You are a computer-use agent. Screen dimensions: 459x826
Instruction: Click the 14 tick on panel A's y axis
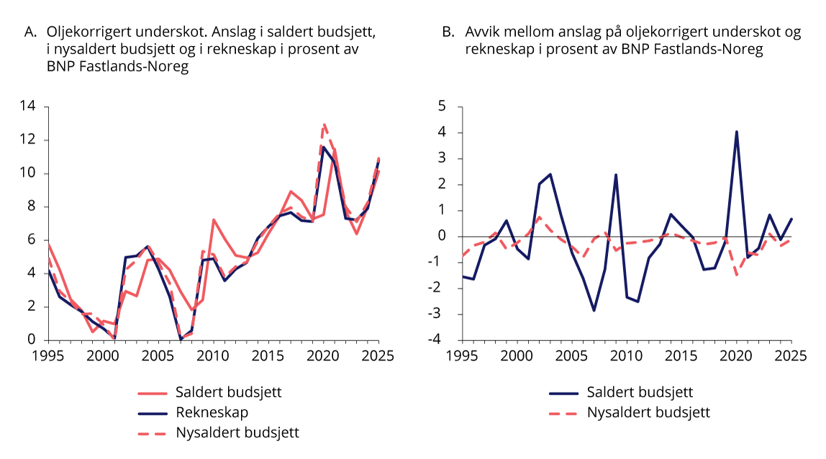tap(31, 107)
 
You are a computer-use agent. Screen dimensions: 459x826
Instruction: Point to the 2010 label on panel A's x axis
tap(212, 355)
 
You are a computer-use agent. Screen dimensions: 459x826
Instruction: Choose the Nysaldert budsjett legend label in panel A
tap(237, 432)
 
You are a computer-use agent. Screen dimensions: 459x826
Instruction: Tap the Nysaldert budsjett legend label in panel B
tap(648, 412)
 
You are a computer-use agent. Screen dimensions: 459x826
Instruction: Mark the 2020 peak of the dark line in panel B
tap(736, 132)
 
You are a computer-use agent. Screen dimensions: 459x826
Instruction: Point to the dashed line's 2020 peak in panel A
tap(324, 124)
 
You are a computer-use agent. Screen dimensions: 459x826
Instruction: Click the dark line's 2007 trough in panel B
tap(594, 310)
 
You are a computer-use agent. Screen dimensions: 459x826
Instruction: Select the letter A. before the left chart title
tap(31, 32)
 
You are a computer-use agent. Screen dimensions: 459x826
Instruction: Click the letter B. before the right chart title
tap(448, 32)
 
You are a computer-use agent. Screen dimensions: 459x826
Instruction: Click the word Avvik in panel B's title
tap(483, 32)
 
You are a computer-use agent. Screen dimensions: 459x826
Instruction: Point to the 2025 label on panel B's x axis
tap(792, 355)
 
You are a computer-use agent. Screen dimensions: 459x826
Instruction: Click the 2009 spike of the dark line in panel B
tap(616, 174)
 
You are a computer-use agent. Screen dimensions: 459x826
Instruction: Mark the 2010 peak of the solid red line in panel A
tap(214, 219)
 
